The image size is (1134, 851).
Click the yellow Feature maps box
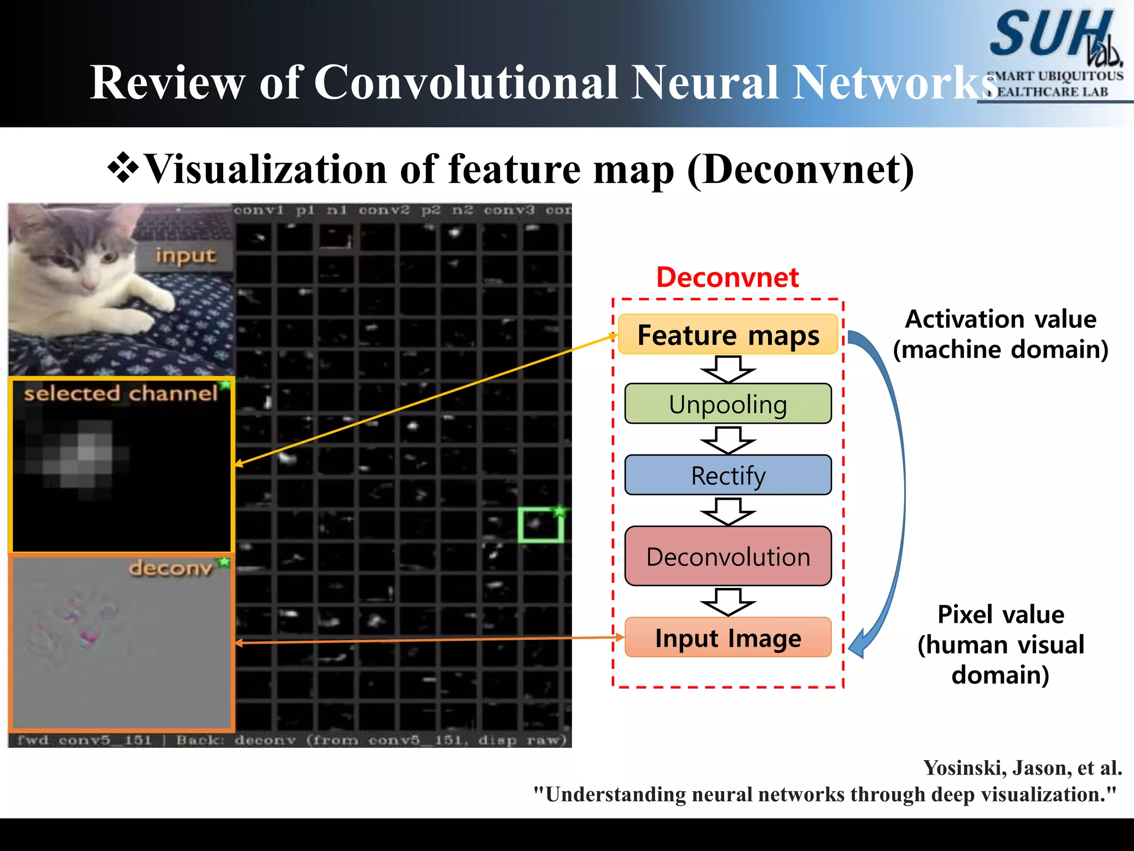[x=728, y=335]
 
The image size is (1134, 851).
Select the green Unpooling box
[x=728, y=404]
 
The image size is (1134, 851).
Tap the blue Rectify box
[x=728, y=475]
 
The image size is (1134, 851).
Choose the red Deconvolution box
[x=728, y=556]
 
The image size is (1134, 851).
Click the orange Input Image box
[x=728, y=638]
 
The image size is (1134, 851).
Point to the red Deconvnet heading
[x=727, y=277]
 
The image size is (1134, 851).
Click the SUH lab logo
[x=1055, y=53]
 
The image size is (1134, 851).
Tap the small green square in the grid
[x=540, y=525]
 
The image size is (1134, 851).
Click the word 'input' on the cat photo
[x=185, y=256]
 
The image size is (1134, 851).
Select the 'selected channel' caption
[x=121, y=393]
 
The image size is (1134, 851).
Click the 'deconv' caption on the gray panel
[x=171, y=568]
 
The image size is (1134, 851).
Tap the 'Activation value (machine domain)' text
[x=1001, y=334]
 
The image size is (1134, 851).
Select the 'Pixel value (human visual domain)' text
[x=1001, y=644]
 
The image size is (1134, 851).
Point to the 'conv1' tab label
[x=259, y=211]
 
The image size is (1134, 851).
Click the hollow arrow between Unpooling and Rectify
[x=728, y=440]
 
